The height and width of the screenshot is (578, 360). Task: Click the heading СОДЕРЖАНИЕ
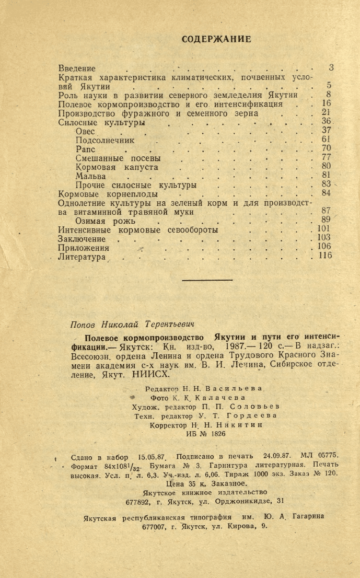tap(216, 39)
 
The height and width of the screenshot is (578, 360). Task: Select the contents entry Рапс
tap(85, 149)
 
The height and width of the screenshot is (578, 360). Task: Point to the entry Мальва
tap(90, 177)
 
